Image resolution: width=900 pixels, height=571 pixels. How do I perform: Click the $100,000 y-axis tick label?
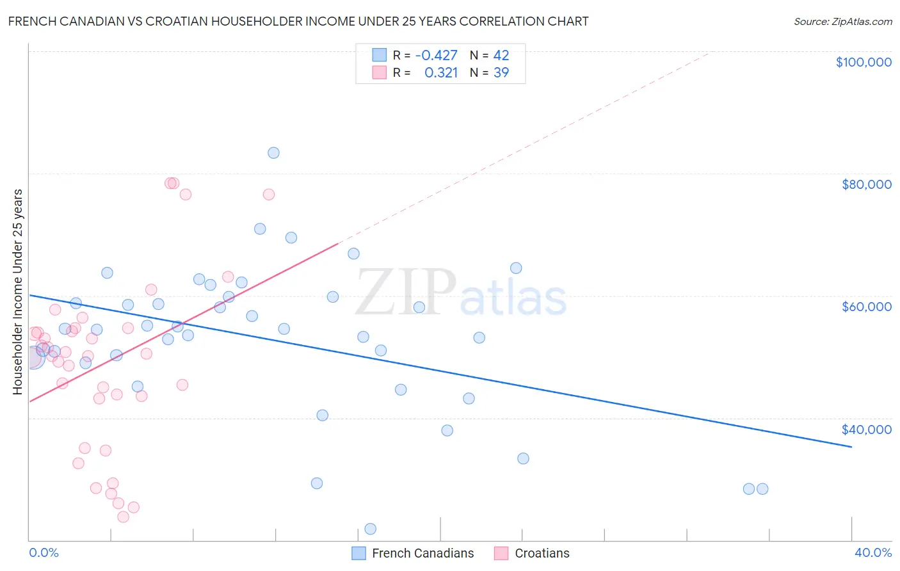pos(864,62)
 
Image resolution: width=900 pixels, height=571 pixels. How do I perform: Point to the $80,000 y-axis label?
pos(866,184)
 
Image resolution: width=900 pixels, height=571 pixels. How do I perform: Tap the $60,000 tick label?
pos(866,307)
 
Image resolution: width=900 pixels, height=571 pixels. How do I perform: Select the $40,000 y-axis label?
pos(866,430)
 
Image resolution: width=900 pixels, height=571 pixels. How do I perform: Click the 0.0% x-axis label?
pos(44,553)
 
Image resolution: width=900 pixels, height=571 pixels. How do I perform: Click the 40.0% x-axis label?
pos(872,553)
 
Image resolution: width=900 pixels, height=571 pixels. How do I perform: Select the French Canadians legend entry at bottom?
pos(422,553)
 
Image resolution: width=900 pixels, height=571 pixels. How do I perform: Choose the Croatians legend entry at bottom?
pos(542,553)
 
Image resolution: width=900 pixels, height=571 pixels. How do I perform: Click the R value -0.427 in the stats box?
pos(436,56)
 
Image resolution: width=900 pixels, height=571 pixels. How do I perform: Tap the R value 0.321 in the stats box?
pos(441,73)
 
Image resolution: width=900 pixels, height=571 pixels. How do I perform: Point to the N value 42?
pos(501,56)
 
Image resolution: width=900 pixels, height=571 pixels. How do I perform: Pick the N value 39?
pos(501,73)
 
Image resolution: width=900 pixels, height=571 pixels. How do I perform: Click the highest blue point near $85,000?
pos(273,153)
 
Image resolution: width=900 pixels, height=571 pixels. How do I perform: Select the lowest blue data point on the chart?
pos(370,529)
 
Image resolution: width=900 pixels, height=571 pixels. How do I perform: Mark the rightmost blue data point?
pos(762,489)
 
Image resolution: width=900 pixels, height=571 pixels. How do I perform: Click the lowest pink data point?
pos(124,517)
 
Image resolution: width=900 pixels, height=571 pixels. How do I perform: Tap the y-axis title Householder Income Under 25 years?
pos(17,292)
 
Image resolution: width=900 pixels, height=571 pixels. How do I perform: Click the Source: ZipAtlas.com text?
pos(842,22)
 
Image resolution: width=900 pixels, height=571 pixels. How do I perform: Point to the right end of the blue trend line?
pos(851,447)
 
